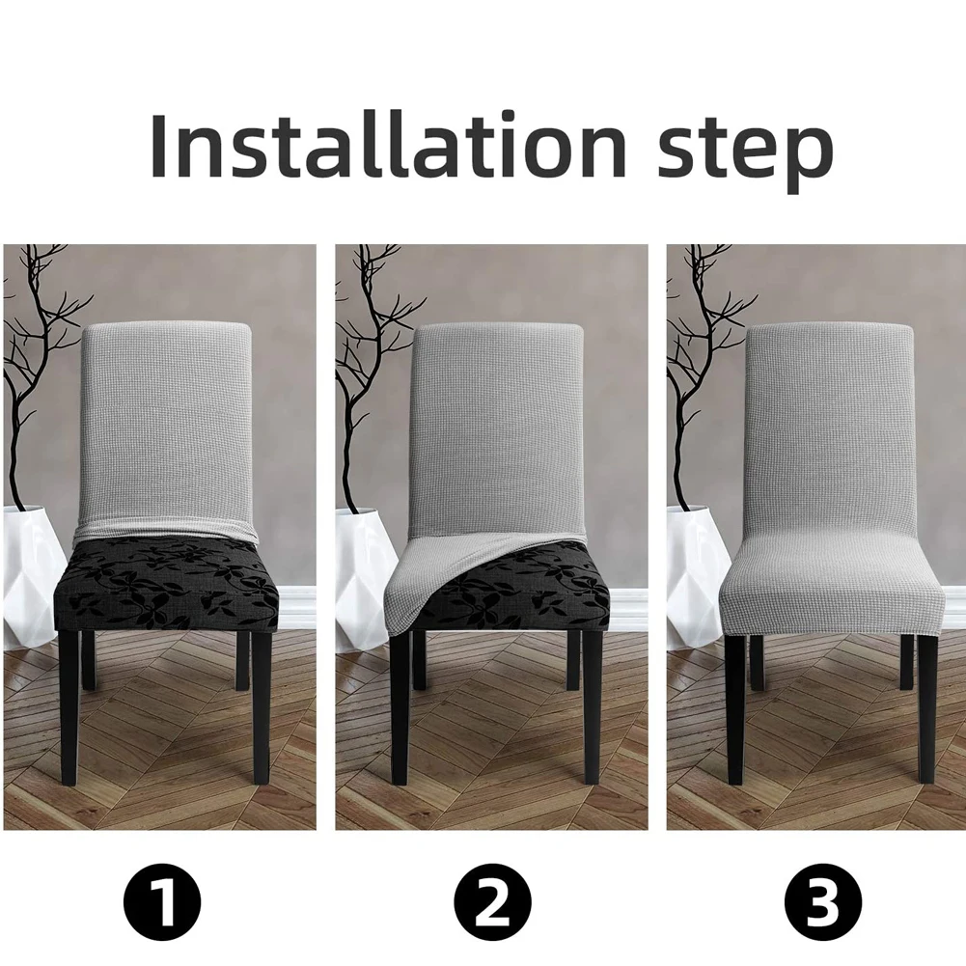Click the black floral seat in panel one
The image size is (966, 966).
(166, 584)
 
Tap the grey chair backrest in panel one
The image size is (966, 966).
(166, 425)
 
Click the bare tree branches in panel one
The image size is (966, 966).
(34, 338)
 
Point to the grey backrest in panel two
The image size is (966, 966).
(497, 425)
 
